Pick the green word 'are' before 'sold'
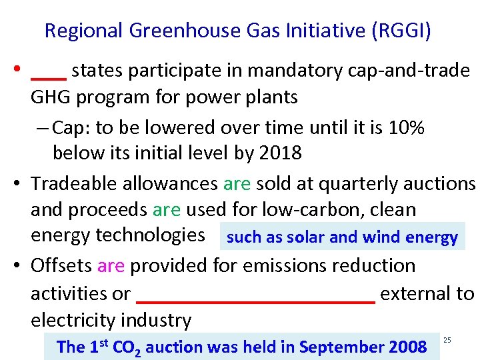(x=237, y=183)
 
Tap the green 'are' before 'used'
(x=167, y=209)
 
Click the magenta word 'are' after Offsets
(x=111, y=265)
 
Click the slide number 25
(x=447, y=341)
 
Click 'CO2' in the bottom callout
(x=126, y=347)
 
